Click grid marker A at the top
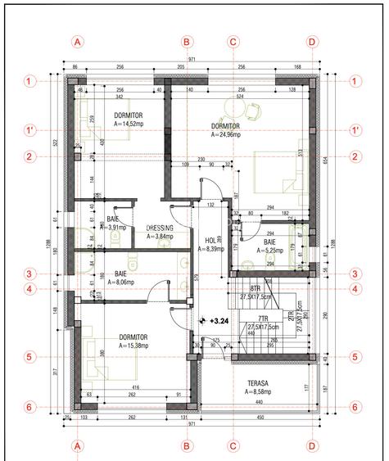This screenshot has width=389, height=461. click(78, 41)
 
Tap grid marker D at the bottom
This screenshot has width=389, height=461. click(312, 446)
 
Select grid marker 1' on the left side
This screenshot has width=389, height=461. click(30, 130)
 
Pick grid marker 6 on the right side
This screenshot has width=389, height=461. click(355, 407)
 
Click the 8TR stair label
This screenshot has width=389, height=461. click(255, 289)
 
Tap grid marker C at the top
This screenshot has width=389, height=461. click(233, 41)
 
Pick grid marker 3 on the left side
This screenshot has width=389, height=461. click(30, 274)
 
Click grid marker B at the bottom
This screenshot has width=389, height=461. click(187, 446)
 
